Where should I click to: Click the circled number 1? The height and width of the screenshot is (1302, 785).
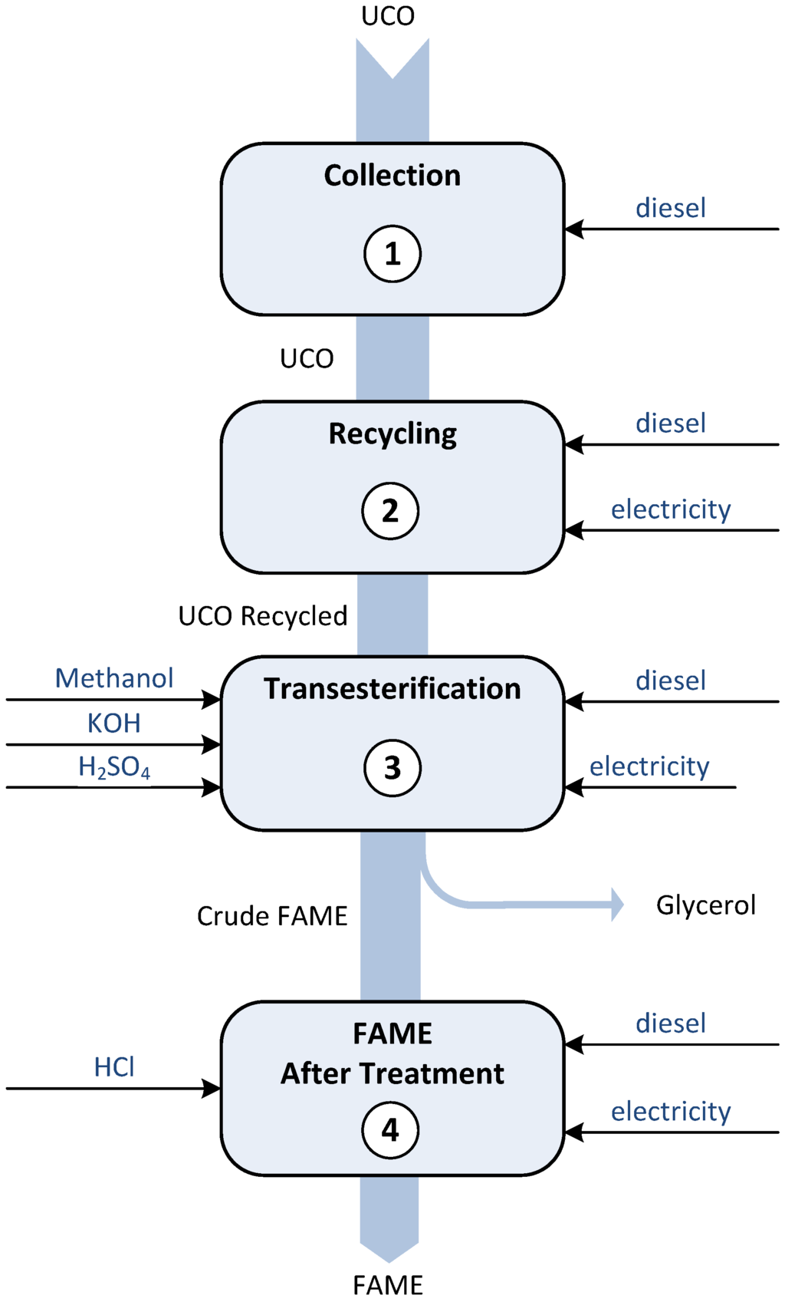(x=392, y=253)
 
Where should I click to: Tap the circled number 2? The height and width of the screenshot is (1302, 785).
(x=390, y=511)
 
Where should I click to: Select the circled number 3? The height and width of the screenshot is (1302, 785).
(x=392, y=767)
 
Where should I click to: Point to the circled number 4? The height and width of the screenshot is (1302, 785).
(x=390, y=1129)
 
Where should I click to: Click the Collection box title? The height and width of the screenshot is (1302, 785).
(x=392, y=176)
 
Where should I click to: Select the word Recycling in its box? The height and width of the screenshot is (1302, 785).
(x=392, y=434)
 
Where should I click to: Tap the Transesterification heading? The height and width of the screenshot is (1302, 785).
(x=392, y=689)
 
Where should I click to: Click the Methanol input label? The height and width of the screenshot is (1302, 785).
(x=114, y=678)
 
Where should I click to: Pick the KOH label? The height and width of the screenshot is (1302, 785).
(x=113, y=723)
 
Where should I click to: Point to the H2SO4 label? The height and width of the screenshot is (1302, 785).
(x=114, y=767)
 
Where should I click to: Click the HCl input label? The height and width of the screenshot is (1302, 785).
(x=114, y=1066)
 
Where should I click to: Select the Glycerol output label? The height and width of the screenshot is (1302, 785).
(x=705, y=905)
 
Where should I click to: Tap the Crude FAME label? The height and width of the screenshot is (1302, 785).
(x=272, y=916)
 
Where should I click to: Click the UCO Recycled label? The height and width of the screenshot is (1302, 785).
(x=263, y=616)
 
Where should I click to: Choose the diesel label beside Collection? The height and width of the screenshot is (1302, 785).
(x=671, y=208)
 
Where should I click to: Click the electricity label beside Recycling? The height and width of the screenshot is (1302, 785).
(x=671, y=509)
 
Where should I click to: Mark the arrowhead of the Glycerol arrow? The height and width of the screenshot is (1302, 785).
(x=617, y=905)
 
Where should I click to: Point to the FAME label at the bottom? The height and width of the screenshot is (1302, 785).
(x=388, y=1285)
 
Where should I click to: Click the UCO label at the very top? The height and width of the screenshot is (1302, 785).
(x=388, y=16)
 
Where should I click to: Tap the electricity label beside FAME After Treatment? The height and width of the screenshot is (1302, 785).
(x=671, y=1112)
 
